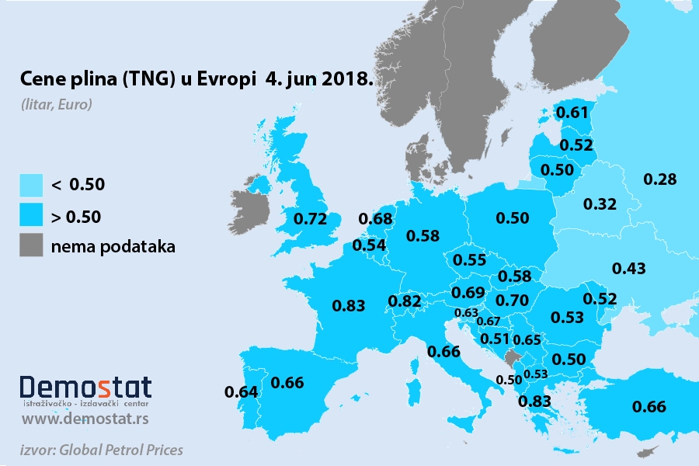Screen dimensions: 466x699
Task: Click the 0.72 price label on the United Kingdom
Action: [310, 218]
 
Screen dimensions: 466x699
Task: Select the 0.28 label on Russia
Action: [660, 179]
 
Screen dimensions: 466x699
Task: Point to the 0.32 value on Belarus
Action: [600, 204]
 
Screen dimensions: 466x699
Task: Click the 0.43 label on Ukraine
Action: [628, 269]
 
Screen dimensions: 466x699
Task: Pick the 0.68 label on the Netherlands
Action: [376, 220]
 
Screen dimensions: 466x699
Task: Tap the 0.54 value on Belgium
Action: [369, 245]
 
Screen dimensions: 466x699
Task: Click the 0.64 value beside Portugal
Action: [241, 391]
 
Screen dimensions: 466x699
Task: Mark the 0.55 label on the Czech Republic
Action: [469, 260]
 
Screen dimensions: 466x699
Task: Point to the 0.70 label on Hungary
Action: [512, 299]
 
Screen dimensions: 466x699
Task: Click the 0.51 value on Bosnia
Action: [495, 339]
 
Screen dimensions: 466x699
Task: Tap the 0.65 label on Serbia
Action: [527, 339]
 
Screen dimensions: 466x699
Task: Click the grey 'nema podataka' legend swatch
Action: [32, 245]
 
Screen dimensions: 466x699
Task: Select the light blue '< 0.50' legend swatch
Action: [32, 184]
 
